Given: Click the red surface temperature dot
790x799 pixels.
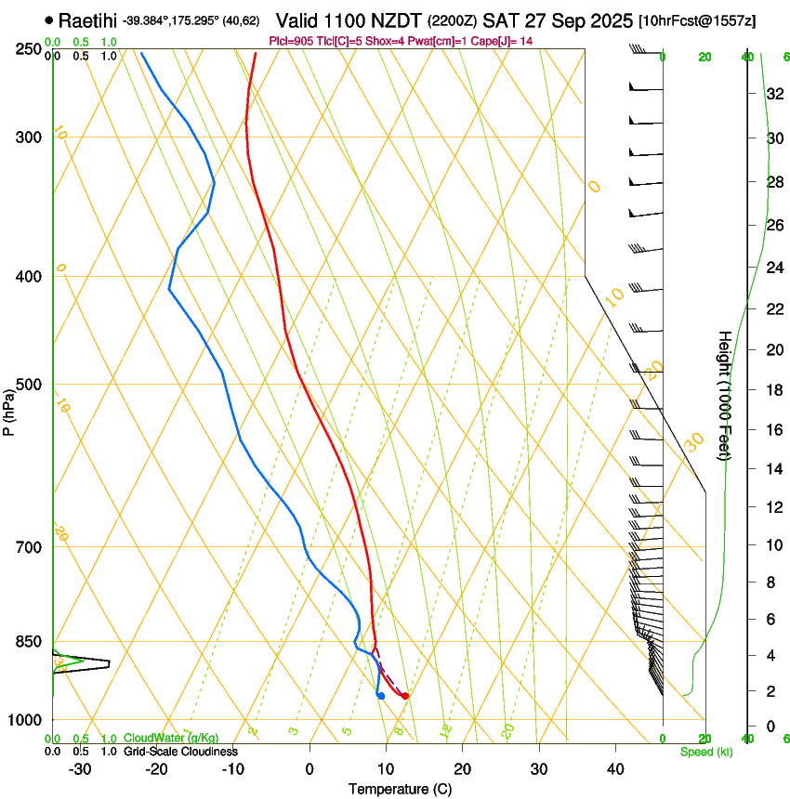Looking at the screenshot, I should coord(405,696).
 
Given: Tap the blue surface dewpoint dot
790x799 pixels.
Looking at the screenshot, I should coord(381,696).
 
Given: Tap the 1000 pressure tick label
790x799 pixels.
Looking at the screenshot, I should coord(26,720).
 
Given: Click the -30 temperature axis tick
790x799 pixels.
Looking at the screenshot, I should coord(80,768).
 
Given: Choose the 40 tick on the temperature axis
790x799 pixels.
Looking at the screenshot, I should coord(615,768).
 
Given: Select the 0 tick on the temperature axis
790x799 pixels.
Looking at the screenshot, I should coord(309,768).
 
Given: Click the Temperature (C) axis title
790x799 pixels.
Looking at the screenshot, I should coord(400,789).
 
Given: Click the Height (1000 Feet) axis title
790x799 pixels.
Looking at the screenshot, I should coord(725,395).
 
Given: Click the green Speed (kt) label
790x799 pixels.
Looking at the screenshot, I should coord(705,752).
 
